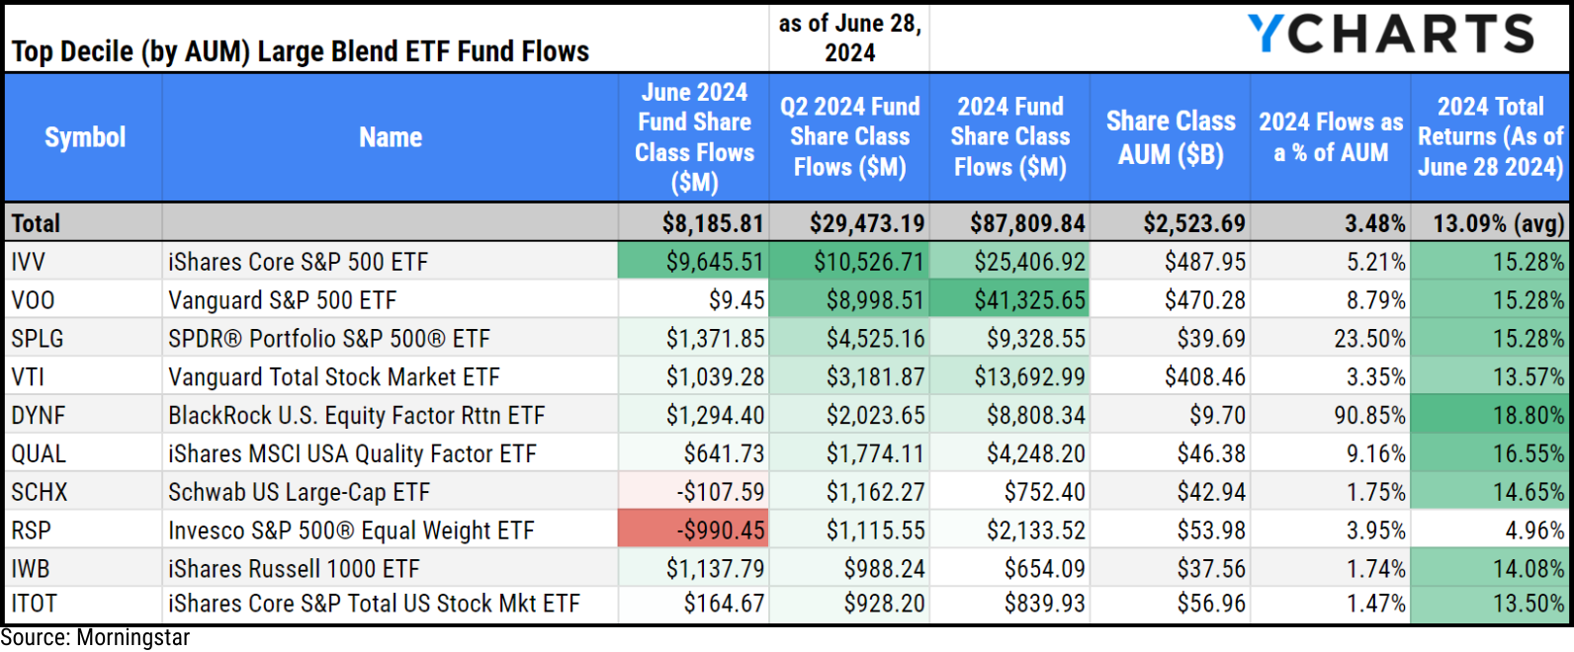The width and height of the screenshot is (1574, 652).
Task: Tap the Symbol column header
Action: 85,137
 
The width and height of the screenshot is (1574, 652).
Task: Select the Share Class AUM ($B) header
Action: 1171,137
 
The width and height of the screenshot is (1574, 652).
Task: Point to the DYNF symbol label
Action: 39,416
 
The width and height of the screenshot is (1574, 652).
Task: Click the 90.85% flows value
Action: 1369,416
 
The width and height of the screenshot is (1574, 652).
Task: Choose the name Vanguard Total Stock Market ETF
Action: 334,377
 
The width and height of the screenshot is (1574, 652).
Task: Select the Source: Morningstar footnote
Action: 95,638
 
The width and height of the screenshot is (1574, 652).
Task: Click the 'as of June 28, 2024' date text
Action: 850,38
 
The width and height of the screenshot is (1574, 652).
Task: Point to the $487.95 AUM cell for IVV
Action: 1205,262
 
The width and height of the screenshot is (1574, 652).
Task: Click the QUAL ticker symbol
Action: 39,454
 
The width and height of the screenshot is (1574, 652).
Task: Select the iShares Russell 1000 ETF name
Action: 294,569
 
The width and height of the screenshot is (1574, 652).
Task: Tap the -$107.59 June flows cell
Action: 721,492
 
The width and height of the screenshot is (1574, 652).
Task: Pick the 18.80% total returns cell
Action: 1529,416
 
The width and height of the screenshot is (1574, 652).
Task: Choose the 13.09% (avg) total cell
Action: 1499,223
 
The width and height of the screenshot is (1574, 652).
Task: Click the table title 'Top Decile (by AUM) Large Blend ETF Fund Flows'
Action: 301,51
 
